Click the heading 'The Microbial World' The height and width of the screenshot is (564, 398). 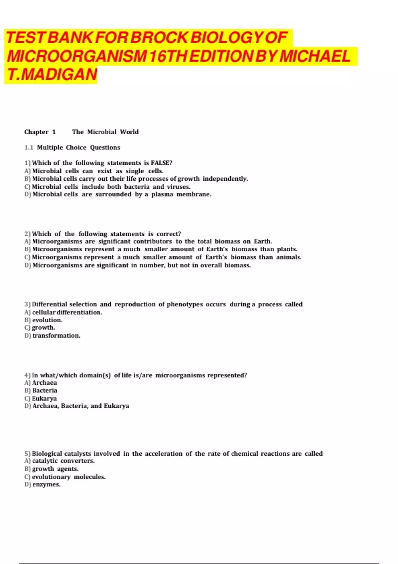[105, 132]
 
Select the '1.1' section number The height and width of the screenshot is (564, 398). [29, 147]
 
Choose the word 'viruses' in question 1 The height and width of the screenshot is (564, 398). [178, 187]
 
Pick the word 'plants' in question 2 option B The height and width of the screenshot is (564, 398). [287, 249]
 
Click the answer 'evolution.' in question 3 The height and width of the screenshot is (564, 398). [47, 320]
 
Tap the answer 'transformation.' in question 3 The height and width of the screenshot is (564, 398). [56, 336]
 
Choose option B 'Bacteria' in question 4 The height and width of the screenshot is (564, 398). [44, 390]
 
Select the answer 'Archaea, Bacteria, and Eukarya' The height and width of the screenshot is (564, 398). [81, 406]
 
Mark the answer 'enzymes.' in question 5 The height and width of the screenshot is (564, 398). [46, 485]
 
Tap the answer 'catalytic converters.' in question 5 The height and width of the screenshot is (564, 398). [63, 461]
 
